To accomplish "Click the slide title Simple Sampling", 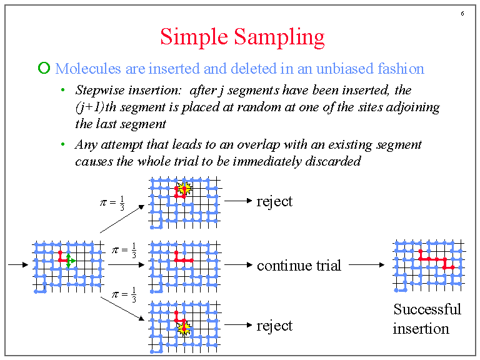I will click(242, 37).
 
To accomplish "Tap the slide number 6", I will click(462, 14).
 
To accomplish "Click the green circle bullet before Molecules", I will click(43, 68).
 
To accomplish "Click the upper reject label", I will click(274, 201).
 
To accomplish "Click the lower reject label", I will click(274, 326).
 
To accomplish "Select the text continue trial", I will click(299, 265).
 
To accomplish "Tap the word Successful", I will click(427, 309).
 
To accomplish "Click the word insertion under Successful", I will click(421, 329).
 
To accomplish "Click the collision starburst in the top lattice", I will click(184, 188).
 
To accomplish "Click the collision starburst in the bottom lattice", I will click(184, 327).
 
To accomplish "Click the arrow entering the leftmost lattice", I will click(17, 265).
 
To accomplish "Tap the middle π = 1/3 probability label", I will click(124, 252).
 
